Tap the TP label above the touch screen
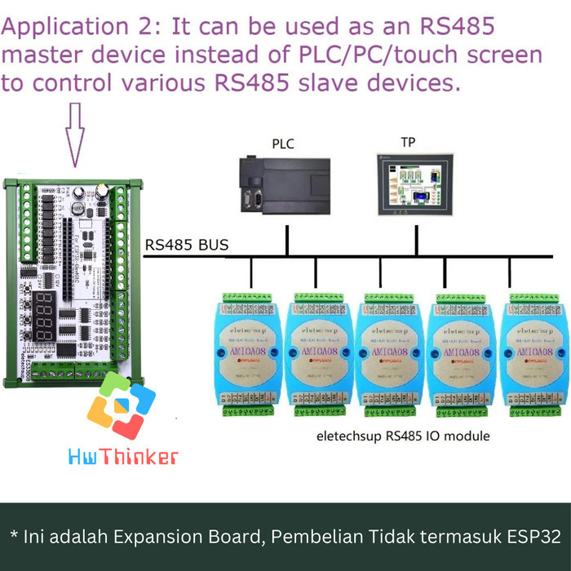pos(408,142)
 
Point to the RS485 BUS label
pos(187,245)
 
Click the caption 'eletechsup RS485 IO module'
pos(403,436)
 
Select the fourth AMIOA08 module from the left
pos(459,352)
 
